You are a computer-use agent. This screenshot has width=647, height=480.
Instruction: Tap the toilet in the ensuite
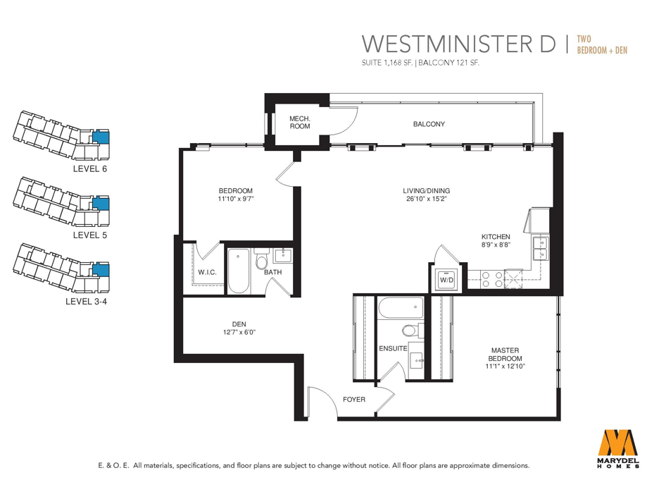[x=412, y=331]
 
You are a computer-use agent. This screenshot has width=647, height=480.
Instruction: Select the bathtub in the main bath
[x=239, y=271]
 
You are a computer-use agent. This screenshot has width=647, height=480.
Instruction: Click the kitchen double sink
[x=540, y=248]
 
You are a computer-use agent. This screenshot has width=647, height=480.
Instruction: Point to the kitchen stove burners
[x=492, y=279]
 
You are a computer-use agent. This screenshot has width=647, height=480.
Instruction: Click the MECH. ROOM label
[x=300, y=123]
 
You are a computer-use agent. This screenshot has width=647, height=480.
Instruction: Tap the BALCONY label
[x=429, y=124]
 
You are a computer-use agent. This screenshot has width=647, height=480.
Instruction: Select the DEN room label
[x=239, y=325]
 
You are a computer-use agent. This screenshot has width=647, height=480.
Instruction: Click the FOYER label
[x=354, y=400]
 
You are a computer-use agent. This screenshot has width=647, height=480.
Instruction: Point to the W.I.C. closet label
[x=207, y=272]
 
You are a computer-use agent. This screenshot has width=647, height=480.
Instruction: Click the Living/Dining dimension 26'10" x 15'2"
[x=427, y=199]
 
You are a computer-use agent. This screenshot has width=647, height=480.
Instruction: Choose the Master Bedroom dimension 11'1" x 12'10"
[x=505, y=366]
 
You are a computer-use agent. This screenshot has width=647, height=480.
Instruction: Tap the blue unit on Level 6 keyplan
[x=100, y=137]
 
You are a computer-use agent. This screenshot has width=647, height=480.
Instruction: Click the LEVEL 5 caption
[x=90, y=235]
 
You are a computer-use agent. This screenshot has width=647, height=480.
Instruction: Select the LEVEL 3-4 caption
[x=86, y=302]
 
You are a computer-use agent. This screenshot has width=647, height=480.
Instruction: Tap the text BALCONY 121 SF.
[x=448, y=63]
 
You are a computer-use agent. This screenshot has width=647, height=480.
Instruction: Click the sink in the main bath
[x=283, y=255]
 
